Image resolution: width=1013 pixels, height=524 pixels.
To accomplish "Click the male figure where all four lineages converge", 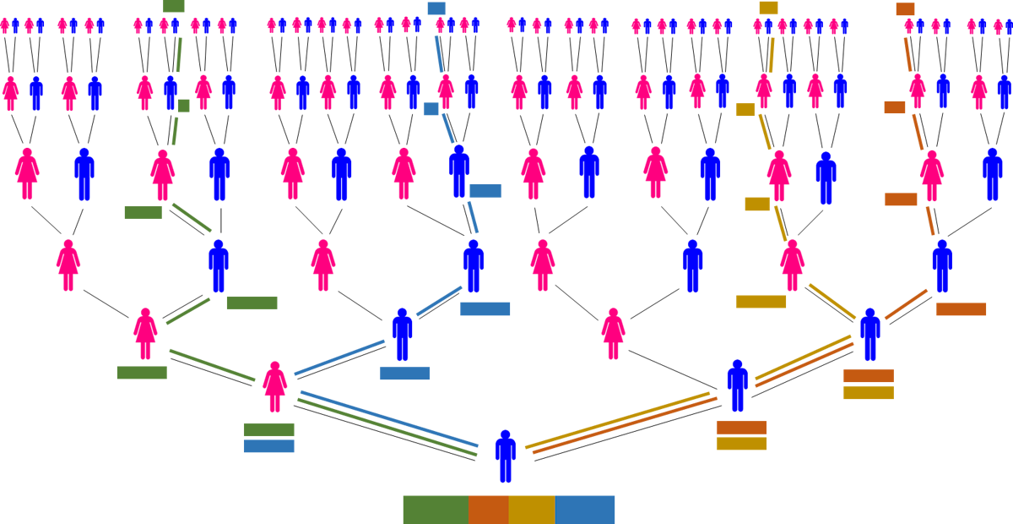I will (505, 456).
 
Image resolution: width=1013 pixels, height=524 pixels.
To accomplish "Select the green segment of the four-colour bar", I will (435, 510).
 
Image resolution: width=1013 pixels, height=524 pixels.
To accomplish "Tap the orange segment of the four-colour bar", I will (488, 510).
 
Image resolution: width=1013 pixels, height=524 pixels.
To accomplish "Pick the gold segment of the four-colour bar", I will (532, 510).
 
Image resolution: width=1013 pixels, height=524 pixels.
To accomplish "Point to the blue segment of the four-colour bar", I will (585, 510).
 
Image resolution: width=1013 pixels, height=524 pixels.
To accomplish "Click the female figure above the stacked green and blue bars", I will (274, 387).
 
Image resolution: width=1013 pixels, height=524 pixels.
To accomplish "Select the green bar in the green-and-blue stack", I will (268, 430).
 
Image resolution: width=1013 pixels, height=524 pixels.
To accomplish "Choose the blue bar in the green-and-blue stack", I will (268, 446).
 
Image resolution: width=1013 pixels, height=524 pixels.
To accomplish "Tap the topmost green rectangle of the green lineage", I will (174, 6).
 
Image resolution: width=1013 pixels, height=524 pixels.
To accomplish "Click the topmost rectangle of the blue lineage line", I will (436, 8).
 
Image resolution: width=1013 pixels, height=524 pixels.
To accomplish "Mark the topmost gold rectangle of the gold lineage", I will (768, 8).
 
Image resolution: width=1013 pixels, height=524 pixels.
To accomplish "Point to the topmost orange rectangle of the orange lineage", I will (905, 9).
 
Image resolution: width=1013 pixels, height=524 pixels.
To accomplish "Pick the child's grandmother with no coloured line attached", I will (613, 334).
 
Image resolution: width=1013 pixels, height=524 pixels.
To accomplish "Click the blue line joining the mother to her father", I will (339, 358).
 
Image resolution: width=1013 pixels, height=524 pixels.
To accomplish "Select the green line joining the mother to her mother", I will (212, 365).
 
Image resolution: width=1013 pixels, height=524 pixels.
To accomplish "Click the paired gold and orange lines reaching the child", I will (620, 423).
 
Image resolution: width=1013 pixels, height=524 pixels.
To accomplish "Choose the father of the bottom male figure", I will (737, 385).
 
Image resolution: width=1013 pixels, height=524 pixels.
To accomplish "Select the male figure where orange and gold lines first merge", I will (869, 334).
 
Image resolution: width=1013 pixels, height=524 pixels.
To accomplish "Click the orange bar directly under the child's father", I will (741, 428).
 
